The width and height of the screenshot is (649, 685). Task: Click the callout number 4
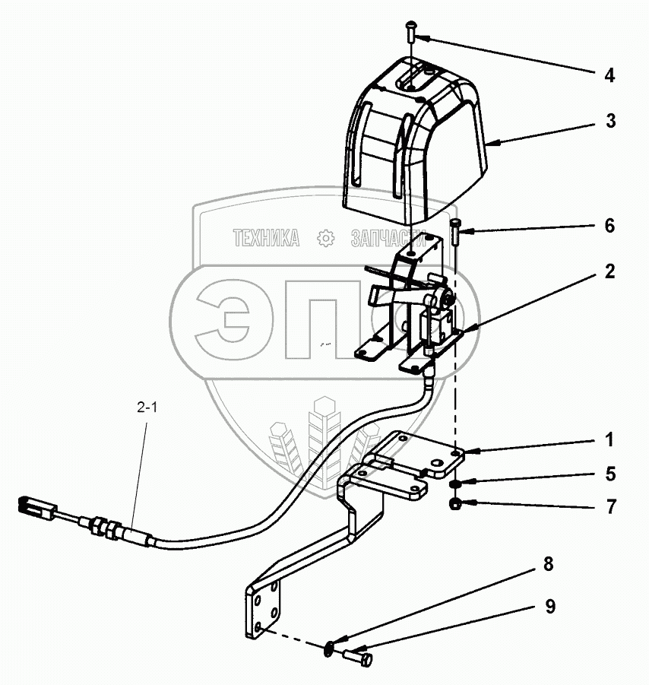(x=609, y=75)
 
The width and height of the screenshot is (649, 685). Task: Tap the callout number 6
(x=609, y=227)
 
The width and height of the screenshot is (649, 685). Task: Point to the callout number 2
(x=609, y=272)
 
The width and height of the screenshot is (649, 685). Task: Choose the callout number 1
(x=609, y=440)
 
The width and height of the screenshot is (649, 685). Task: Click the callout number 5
(x=609, y=474)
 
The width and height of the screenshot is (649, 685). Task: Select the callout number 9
(x=549, y=607)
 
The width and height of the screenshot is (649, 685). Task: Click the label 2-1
(x=147, y=408)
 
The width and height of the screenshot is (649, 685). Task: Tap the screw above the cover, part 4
(x=411, y=30)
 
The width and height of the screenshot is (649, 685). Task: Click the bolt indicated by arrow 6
(x=456, y=230)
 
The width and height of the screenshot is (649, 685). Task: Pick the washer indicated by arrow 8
(x=328, y=647)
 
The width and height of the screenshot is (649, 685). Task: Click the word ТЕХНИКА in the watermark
(x=266, y=239)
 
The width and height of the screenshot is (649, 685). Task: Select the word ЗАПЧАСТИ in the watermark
(x=388, y=239)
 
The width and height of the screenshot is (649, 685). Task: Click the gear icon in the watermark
(x=325, y=239)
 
